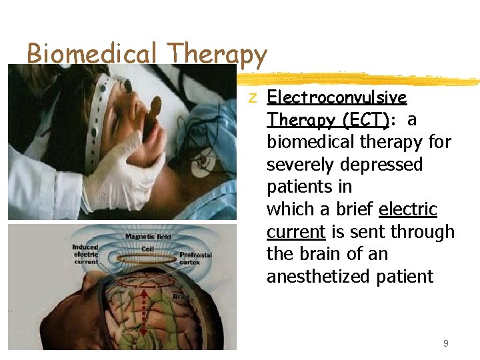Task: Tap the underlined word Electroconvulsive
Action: click(337, 97)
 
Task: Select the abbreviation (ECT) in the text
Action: click(365, 120)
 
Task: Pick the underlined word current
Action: click(295, 232)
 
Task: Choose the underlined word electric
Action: click(407, 209)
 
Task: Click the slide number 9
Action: click(446, 344)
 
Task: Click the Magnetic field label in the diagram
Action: click(148, 237)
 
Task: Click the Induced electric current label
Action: click(86, 253)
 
